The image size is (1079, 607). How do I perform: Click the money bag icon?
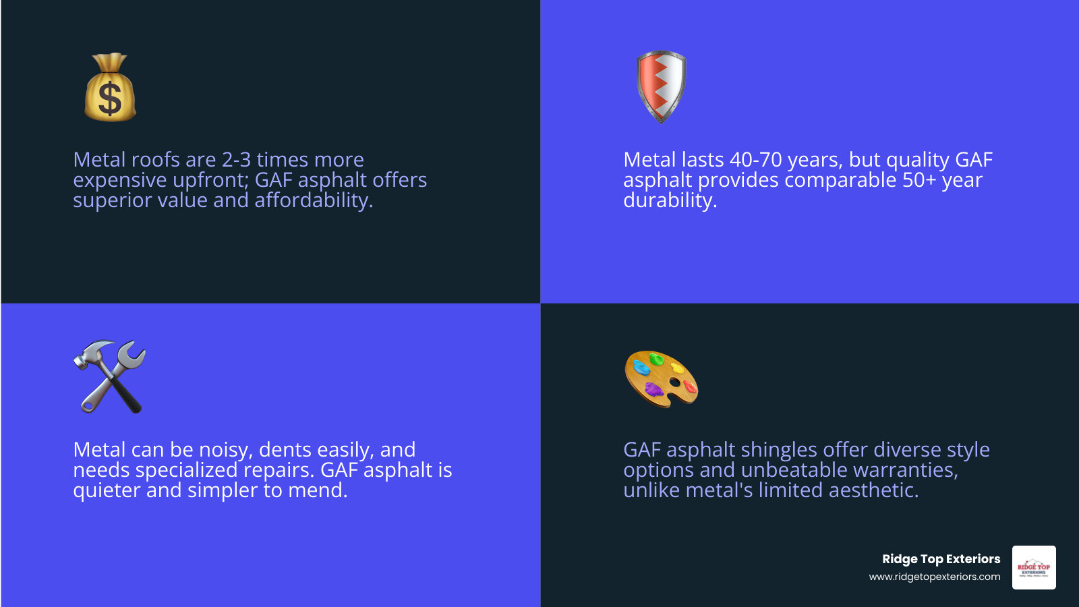pos(110,88)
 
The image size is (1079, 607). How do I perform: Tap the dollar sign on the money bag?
pos(110,98)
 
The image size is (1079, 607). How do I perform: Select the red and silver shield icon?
pos(661,86)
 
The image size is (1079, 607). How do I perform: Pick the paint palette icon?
pos(661,378)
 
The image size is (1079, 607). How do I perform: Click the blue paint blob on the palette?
pos(641,368)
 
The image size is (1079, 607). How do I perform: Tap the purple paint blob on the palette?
pos(653,388)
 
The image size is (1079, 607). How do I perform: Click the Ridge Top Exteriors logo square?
pos(1034,567)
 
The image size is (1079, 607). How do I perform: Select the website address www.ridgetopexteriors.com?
pos(934,577)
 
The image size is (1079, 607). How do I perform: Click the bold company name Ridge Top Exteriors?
pos(941,559)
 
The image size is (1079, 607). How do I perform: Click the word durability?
pos(670,200)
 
